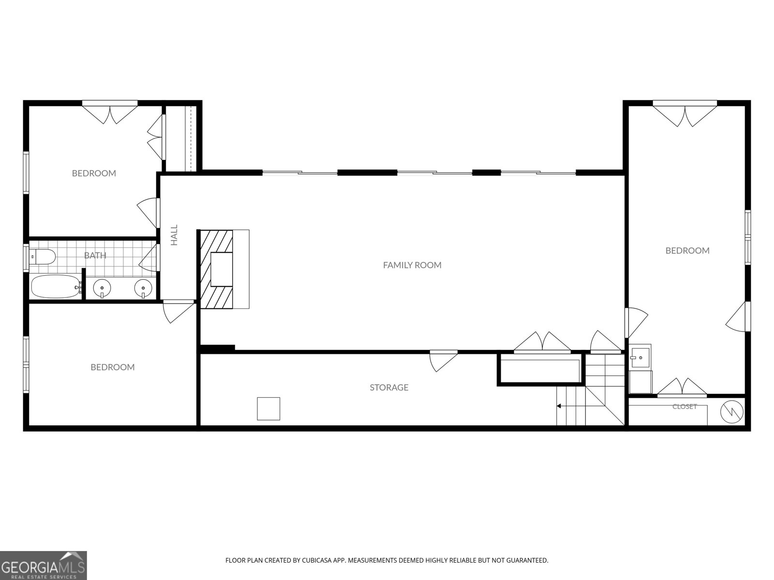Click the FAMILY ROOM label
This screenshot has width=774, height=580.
click(x=412, y=265)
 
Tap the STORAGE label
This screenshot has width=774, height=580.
click(x=389, y=387)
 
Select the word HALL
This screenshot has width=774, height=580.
click(x=174, y=235)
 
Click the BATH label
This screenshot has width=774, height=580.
click(x=95, y=255)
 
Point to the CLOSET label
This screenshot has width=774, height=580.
click(x=685, y=406)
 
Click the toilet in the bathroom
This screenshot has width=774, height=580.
click(x=42, y=257)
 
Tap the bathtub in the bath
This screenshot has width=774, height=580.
click(x=56, y=286)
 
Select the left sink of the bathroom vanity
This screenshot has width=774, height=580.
click(x=102, y=288)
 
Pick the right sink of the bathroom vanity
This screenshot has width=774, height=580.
click(x=143, y=288)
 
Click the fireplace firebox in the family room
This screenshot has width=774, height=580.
click(x=222, y=269)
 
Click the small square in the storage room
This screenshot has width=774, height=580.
click(x=268, y=408)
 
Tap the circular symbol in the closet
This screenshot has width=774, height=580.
click(x=732, y=412)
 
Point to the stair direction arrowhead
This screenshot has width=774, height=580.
click(x=559, y=406)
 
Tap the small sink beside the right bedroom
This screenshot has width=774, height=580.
click(x=640, y=357)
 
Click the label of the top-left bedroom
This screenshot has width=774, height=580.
click(x=94, y=173)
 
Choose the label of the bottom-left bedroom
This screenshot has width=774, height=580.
click(x=113, y=367)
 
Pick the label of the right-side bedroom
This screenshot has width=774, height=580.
click(x=687, y=251)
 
